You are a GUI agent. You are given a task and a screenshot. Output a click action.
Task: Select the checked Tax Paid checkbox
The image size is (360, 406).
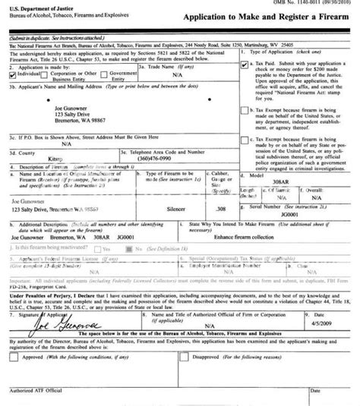click(243, 65)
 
